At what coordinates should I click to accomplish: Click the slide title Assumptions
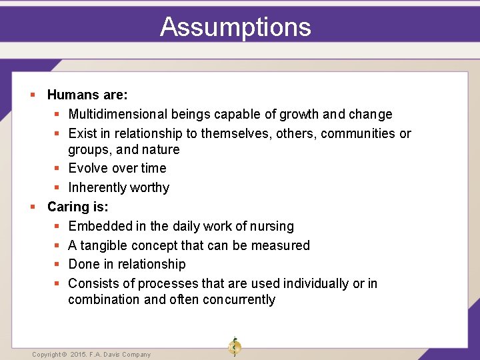235,27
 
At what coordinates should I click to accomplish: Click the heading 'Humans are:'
87,95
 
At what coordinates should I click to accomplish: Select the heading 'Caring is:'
77,207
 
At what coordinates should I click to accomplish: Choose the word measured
282,245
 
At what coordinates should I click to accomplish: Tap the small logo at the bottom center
234,346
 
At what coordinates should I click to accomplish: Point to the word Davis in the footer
114,355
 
